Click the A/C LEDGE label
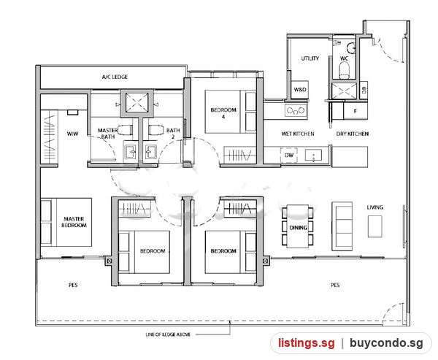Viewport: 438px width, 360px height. coord(115,77)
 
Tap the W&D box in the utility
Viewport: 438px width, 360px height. coord(300,90)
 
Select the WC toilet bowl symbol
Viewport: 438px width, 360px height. coord(344,70)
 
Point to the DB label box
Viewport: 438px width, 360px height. coord(364,90)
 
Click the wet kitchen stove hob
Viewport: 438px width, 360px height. coord(296,110)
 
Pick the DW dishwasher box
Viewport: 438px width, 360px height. coord(289,155)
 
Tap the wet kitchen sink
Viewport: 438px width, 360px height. coord(313,155)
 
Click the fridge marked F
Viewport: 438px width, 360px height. coord(356,111)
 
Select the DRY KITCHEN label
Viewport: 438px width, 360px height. coord(353,134)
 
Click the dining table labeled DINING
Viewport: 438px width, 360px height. coord(298,226)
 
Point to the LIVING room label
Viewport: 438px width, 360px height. coord(375,207)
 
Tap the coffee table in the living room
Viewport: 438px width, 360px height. coord(375,226)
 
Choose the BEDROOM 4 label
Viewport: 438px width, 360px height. coord(223,113)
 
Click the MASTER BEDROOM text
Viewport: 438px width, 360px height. coord(74,222)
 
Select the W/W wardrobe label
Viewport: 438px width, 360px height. coord(72,134)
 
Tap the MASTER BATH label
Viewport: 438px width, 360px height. coord(107,134)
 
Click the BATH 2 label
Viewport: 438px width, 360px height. coord(173,134)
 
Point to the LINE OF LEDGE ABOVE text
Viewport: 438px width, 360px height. coord(168,334)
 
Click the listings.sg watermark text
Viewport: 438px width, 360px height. coord(306,343)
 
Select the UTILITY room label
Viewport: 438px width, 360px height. coord(310,58)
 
